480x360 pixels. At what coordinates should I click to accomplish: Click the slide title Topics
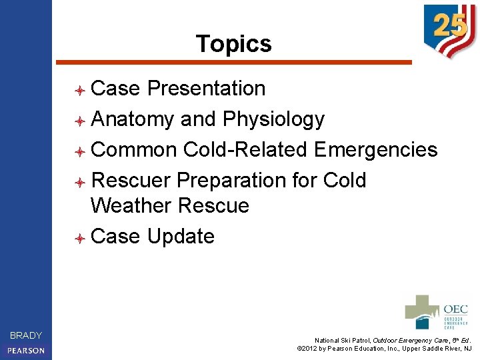[233, 44]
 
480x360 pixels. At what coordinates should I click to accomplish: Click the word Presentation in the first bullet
[206, 89]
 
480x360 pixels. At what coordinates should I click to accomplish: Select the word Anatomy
[133, 119]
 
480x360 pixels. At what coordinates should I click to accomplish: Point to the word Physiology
[273, 119]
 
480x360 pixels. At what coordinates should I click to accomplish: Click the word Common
[134, 149]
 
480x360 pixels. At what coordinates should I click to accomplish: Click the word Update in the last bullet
[181, 236]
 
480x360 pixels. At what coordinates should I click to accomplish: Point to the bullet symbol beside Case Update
[79, 237]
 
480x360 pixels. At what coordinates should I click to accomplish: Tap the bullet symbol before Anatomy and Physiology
[79, 121]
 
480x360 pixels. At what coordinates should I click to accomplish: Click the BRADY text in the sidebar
[26, 335]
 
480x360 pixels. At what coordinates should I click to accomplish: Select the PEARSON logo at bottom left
[26, 350]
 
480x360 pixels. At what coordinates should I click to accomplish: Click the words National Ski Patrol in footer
[343, 340]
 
